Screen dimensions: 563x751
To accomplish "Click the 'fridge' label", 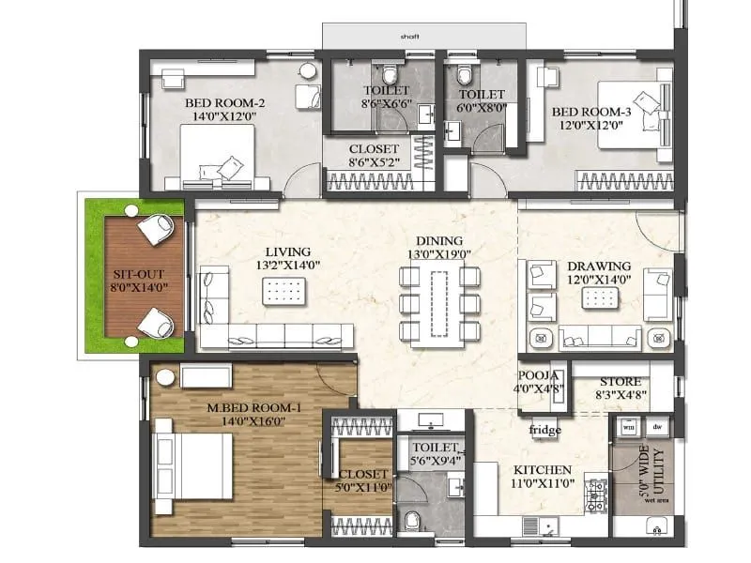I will click(x=544, y=433).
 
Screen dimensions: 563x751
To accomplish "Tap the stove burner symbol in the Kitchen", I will click(x=595, y=493).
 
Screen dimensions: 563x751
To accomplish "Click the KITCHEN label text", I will click(x=543, y=469).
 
